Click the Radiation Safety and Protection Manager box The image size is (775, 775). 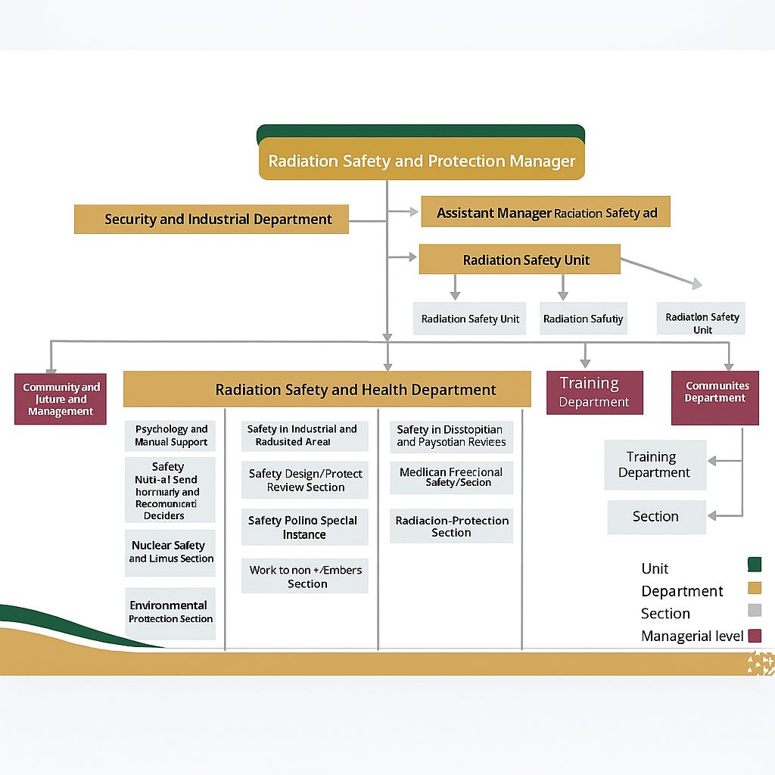422,160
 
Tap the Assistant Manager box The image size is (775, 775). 546,213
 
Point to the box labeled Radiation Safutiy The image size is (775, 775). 583,319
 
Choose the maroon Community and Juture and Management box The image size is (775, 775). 61,399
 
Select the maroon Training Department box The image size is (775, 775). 595,392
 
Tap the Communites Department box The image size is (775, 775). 715,397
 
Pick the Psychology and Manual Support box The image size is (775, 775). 171,436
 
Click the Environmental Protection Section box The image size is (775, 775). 170,612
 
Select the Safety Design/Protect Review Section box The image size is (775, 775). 305,481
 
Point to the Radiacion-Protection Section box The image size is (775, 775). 451,527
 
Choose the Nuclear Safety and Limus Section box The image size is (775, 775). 170,552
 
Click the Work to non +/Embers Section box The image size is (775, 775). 305,577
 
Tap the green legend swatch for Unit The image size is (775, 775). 754,565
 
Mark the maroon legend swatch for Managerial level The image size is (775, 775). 754,636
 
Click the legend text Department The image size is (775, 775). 682,591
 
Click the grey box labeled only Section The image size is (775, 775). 656,517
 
